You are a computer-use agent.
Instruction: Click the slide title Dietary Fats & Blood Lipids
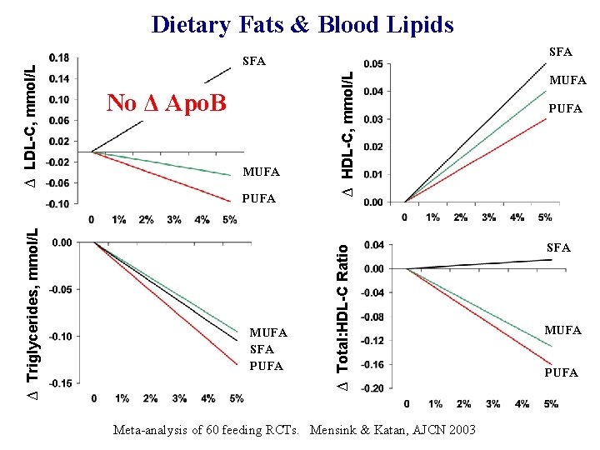[302, 24]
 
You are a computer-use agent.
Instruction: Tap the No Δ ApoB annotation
[167, 102]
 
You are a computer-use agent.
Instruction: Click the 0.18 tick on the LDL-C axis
[59, 58]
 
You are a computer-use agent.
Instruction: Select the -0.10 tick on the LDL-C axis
[57, 203]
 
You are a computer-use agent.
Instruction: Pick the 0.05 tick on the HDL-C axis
[374, 64]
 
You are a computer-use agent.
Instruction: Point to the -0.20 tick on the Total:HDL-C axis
[372, 388]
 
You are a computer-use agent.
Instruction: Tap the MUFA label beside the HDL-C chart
[569, 81]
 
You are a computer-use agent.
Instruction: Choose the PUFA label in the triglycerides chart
[267, 366]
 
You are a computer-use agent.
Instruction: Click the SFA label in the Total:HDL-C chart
[558, 247]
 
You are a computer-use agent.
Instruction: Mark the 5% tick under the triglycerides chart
[236, 398]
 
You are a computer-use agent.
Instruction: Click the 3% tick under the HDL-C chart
[488, 217]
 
